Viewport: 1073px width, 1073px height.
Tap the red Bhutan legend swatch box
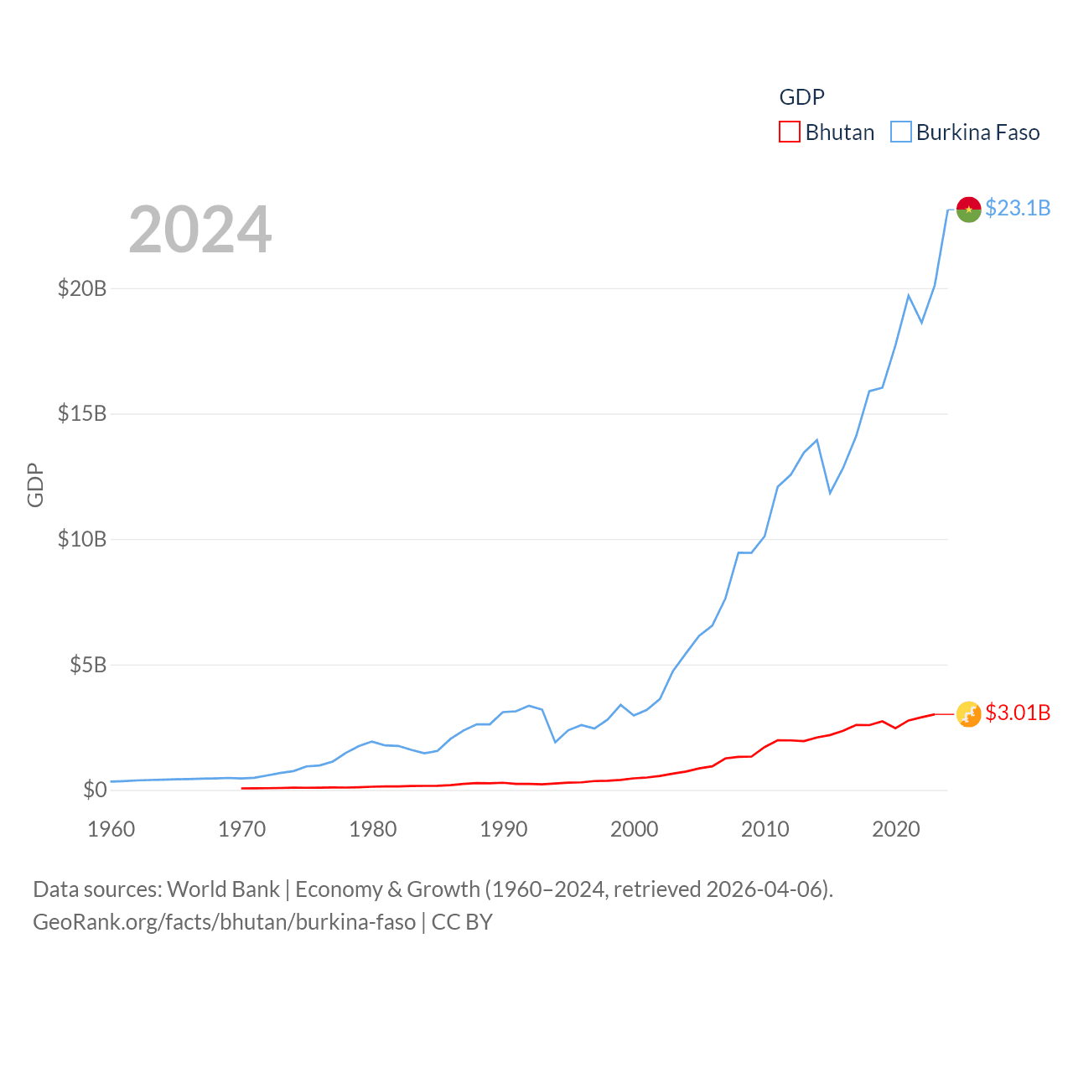[x=790, y=132]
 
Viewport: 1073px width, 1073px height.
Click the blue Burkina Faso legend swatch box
[x=900, y=132]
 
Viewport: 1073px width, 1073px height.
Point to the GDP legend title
[x=801, y=97]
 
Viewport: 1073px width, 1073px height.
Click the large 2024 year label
[x=200, y=230]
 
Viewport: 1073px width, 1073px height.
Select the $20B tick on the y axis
[x=82, y=288]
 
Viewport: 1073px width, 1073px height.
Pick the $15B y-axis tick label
[x=82, y=413]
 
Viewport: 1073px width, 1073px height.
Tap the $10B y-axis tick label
[x=82, y=539]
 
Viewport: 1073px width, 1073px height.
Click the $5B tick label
[x=88, y=665]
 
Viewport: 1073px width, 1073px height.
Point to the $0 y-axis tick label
[x=95, y=790]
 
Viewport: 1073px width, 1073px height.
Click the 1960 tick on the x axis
[x=111, y=830]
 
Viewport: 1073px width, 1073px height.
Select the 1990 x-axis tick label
[x=504, y=830]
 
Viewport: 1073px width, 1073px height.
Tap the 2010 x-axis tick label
[x=765, y=830]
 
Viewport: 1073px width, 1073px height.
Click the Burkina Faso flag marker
[x=968, y=210]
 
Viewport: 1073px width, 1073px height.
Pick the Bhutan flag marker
[x=968, y=714]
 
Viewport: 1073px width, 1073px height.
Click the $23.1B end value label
[x=1018, y=208]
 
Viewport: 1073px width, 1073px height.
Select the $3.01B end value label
[x=1018, y=713]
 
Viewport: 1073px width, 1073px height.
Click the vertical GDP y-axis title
[x=35, y=485]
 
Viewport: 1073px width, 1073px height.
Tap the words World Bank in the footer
[x=223, y=889]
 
